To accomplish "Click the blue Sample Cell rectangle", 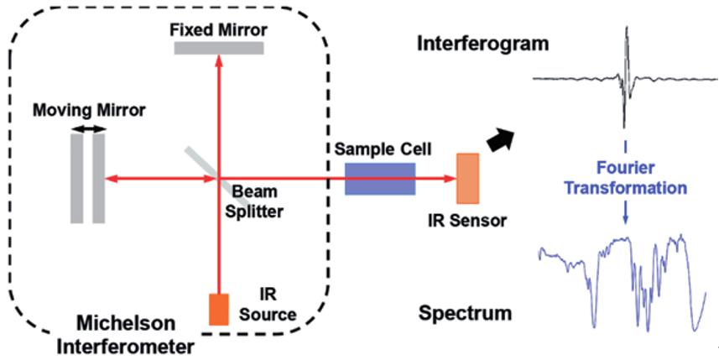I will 379,178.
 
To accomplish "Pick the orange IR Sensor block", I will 467,178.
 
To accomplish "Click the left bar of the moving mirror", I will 77,178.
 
